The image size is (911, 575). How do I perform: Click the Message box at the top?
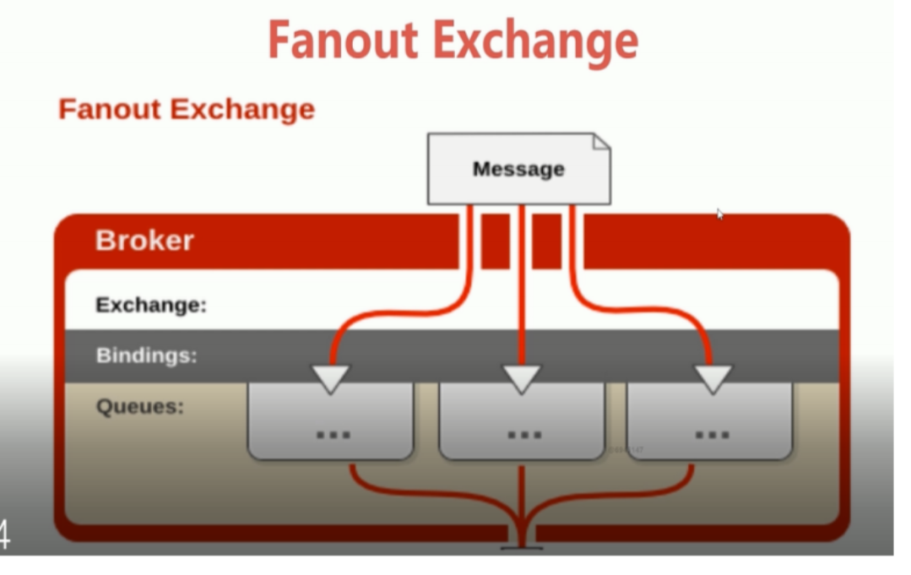[x=518, y=169]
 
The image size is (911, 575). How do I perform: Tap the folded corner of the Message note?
[x=600, y=141]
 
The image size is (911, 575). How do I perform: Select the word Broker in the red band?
[x=144, y=241]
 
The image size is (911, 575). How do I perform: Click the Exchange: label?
[x=151, y=305]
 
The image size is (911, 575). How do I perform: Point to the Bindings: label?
[x=146, y=355]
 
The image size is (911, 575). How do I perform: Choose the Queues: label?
[x=139, y=406]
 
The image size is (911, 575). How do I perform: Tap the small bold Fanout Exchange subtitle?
[x=187, y=109]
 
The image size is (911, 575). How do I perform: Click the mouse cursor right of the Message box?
[x=719, y=214]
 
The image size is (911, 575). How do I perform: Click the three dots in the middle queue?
[x=523, y=435]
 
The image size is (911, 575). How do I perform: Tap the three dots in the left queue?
[x=333, y=435]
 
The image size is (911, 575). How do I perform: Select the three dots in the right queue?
[x=712, y=435]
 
